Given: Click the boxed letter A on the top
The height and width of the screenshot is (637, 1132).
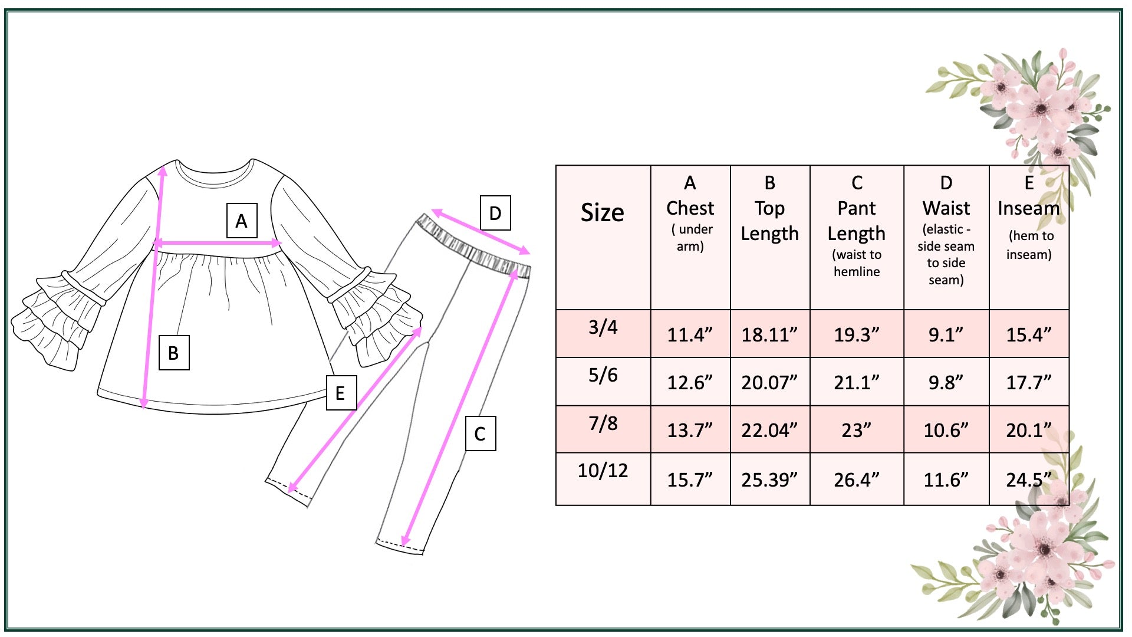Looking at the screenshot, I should (242, 221).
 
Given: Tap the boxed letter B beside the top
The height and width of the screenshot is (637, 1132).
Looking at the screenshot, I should (174, 353).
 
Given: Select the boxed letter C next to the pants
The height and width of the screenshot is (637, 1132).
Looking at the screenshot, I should (481, 434).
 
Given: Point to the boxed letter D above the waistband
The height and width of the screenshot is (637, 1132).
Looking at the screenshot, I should (495, 214).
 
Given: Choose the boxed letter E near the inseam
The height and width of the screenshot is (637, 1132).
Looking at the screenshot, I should (341, 393).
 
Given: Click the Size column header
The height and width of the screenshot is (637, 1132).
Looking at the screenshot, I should (602, 212).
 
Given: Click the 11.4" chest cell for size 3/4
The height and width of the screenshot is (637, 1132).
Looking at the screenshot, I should (689, 335).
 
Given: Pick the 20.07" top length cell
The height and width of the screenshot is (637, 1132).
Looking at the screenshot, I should (769, 383).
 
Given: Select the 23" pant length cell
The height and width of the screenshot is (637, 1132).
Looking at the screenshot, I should (856, 431).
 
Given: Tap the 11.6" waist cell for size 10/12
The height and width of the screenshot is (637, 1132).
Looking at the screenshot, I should (946, 480).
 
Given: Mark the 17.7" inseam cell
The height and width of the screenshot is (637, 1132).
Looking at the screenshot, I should (1028, 383).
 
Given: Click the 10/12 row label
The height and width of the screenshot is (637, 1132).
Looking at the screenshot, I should (603, 471).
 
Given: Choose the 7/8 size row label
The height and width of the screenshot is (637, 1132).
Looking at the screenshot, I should (603, 423).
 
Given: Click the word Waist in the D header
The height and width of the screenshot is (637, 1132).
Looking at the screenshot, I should (946, 208).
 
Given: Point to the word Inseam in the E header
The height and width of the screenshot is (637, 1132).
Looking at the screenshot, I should (1028, 208).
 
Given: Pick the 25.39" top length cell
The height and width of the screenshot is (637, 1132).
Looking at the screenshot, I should (769, 480).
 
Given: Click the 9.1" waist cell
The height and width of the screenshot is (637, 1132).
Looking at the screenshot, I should (946, 335).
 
